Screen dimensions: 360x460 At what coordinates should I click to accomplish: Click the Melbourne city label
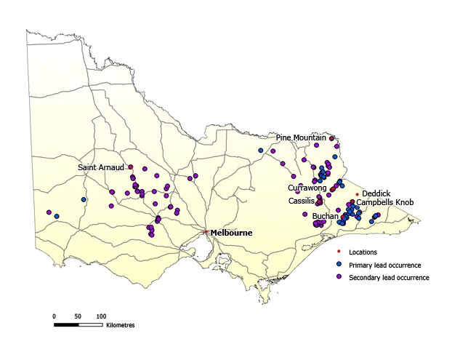(x=231, y=233)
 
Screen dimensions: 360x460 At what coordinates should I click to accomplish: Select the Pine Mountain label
(x=302, y=137)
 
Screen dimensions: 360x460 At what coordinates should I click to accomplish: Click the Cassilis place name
(x=301, y=201)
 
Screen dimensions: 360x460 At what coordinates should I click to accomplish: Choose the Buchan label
(x=325, y=217)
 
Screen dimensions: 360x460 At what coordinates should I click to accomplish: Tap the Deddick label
(x=376, y=193)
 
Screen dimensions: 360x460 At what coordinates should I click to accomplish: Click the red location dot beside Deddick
(x=357, y=194)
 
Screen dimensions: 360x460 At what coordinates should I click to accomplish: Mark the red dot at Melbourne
(x=206, y=232)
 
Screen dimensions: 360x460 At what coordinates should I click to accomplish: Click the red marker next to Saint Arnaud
(x=131, y=167)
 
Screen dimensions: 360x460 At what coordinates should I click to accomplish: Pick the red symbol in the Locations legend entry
(x=338, y=252)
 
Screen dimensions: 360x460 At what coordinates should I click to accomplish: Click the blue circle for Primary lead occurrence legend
(x=338, y=265)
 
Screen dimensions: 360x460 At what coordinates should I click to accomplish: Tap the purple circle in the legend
(x=338, y=278)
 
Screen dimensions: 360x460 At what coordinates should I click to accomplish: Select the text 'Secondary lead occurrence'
(x=389, y=278)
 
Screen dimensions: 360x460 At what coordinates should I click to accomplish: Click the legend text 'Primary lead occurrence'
(x=385, y=265)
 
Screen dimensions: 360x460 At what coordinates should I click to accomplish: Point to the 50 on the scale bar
(x=78, y=316)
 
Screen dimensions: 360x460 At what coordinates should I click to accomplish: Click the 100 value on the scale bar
(x=101, y=316)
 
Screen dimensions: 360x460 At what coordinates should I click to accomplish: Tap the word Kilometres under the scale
(x=120, y=325)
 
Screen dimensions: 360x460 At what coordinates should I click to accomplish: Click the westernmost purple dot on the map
(x=49, y=212)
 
